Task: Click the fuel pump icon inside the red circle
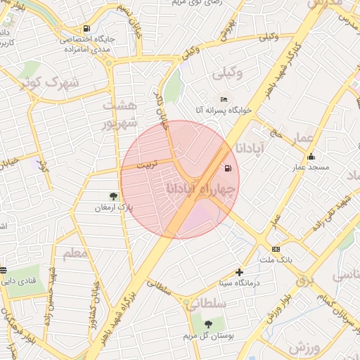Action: [x=227, y=168]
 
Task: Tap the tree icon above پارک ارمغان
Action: [x=114, y=196]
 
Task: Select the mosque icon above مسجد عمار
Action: [x=311, y=157]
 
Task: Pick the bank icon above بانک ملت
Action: [x=275, y=249]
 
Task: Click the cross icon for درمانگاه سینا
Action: [x=240, y=272]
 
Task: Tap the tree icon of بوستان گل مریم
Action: [x=208, y=323]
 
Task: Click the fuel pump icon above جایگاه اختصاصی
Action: [x=86, y=29]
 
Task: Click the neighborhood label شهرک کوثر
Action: [x=47, y=82]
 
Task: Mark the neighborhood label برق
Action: [x=304, y=281]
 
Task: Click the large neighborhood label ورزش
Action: [x=304, y=348]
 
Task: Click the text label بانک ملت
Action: [x=276, y=260]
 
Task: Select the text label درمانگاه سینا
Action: [x=239, y=283]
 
